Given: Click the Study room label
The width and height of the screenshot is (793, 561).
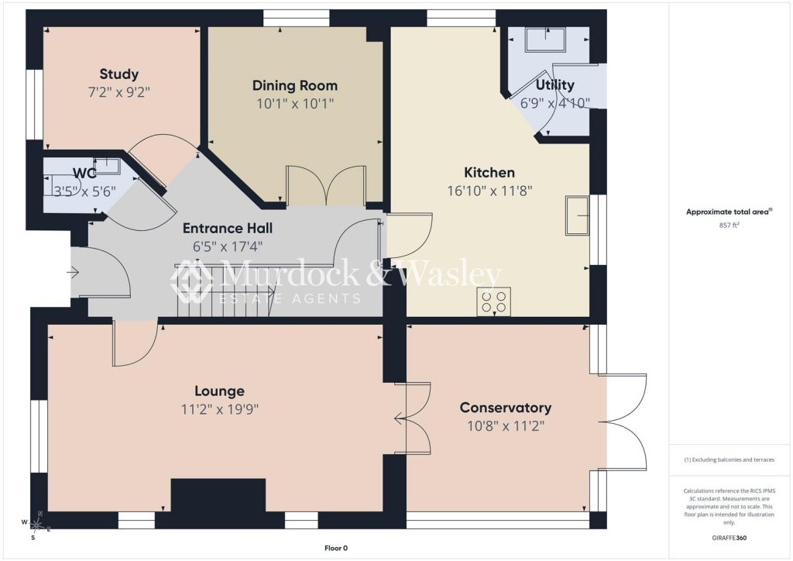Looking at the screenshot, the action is (x=118, y=74).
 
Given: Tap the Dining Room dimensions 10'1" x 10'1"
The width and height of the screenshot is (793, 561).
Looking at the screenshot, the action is (x=295, y=104).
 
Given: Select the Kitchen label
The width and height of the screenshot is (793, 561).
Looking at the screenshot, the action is (x=489, y=173).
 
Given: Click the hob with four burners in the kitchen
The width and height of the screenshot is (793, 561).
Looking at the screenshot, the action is (x=493, y=302).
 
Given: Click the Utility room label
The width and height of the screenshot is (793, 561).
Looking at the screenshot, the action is (x=554, y=84).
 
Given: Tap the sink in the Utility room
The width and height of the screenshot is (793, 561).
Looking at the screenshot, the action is (x=545, y=40).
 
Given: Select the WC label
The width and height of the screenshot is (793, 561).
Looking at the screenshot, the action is (x=84, y=174).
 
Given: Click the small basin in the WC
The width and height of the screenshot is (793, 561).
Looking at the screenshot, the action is (x=108, y=166).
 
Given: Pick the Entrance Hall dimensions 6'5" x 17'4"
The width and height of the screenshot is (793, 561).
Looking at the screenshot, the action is (x=228, y=247).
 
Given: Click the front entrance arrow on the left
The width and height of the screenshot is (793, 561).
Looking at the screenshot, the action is (x=73, y=274).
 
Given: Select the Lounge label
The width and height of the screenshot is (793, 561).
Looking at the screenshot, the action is (x=219, y=391).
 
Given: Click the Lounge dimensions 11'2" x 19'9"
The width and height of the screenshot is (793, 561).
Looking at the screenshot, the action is (x=220, y=409).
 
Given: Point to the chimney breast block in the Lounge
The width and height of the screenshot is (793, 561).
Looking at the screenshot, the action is (x=218, y=496).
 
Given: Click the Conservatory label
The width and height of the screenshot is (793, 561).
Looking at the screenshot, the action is (x=506, y=408).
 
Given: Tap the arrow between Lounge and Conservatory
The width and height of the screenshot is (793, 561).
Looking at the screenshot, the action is (x=400, y=418).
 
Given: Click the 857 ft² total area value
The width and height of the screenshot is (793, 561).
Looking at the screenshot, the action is (x=729, y=225).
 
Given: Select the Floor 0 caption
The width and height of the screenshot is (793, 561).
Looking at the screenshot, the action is (x=336, y=548).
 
